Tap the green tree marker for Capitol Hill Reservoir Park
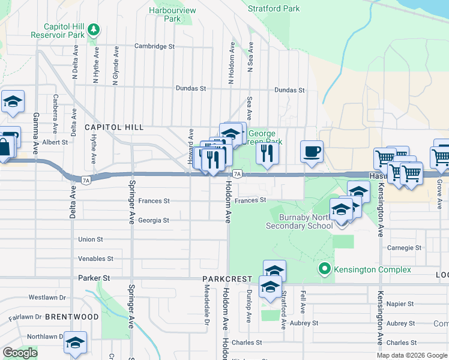[94, 29]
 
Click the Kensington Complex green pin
[325, 269]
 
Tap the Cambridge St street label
[154, 46]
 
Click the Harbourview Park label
[172, 14]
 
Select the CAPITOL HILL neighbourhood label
[114, 127]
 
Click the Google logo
[20, 353]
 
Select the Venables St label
[95, 259]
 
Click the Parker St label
[94, 278]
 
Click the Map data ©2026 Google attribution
[411, 355]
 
